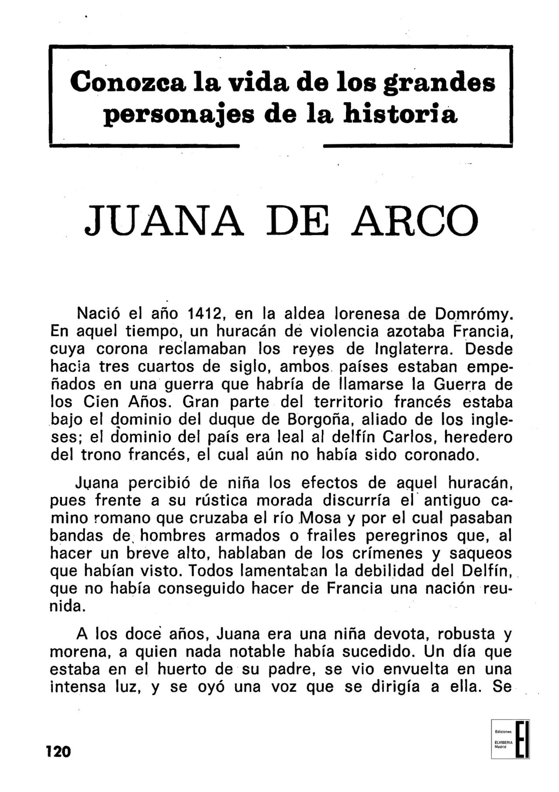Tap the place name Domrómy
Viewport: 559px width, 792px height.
tap(473, 314)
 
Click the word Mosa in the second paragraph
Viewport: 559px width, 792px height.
tap(322, 518)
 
